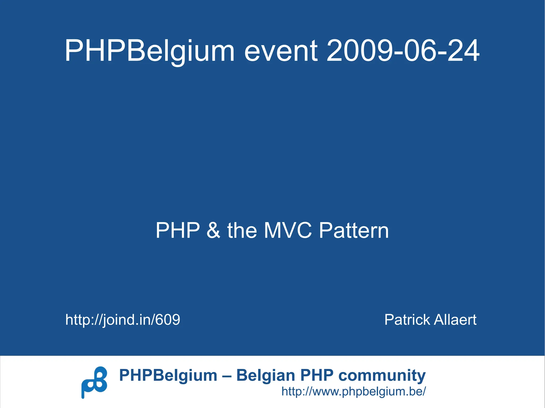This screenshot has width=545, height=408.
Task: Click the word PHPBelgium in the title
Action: (x=150, y=51)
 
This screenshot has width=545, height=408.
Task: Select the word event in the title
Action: (x=281, y=51)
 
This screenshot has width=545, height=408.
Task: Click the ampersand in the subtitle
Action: (x=213, y=230)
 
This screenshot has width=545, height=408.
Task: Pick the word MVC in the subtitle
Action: (x=288, y=230)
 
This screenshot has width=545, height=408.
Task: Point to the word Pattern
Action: (x=354, y=230)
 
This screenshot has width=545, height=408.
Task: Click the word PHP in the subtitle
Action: (x=178, y=230)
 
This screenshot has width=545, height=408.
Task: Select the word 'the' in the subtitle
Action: (x=242, y=230)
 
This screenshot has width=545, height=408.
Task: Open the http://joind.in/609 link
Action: (x=123, y=319)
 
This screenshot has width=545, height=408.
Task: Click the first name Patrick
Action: (x=407, y=319)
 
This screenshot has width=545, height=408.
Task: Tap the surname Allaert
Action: (x=455, y=319)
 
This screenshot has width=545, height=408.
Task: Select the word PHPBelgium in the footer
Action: (x=168, y=375)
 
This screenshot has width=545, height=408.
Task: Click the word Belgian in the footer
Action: (x=266, y=375)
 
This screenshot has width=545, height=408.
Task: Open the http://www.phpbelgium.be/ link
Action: (x=354, y=391)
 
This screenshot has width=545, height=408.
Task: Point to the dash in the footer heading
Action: (x=227, y=376)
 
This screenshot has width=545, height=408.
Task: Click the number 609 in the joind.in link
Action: (x=168, y=319)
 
